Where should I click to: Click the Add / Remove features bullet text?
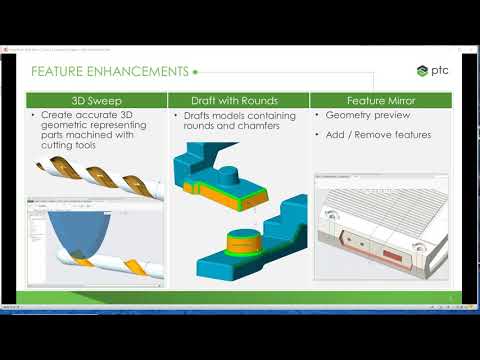(x=378, y=134)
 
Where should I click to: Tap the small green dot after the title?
(x=195, y=72)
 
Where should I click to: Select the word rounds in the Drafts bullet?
(x=199, y=127)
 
